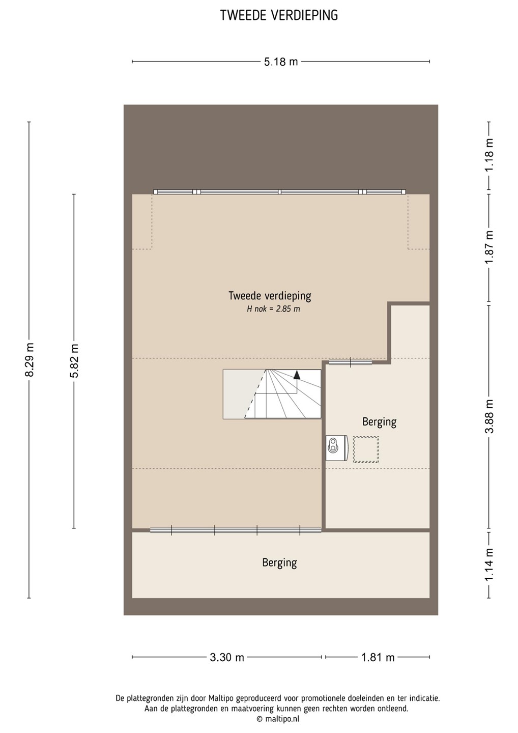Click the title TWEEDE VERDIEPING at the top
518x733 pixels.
[x=279, y=15]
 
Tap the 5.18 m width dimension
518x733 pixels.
[x=281, y=62]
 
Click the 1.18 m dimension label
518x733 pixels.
[x=489, y=154]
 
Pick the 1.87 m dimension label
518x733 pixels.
[x=489, y=247]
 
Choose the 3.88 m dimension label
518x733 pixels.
[x=489, y=416]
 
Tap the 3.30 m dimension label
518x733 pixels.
[x=227, y=657]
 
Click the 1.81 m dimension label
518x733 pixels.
[x=378, y=657]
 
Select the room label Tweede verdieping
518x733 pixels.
[x=270, y=296]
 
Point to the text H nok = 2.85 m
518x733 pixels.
[x=273, y=309]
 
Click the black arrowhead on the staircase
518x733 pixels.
[x=297, y=375]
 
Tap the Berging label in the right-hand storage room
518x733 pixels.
[x=379, y=422]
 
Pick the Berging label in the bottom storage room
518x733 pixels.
[x=279, y=562]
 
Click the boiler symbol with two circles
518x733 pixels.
[x=336, y=448]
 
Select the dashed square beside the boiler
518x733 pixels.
[x=366, y=449]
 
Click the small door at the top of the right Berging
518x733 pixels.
[x=350, y=362]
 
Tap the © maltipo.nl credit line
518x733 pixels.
[x=278, y=719]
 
